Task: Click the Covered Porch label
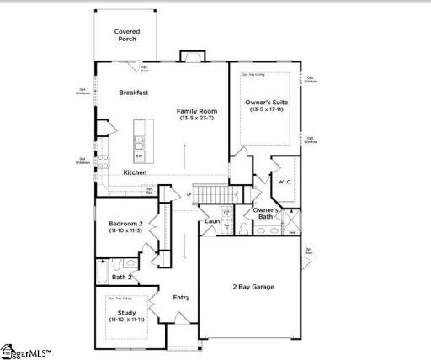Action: coord(127,34)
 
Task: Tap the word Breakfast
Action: coord(134,93)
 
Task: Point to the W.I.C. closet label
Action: coord(284,181)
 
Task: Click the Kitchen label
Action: coord(136,172)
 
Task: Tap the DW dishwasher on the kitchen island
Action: coord(139,156)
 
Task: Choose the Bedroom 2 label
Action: coord(125,223)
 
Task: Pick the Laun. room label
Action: coord(212,222)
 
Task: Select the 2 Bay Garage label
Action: coord(253,287)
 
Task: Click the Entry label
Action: coord(181,298)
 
